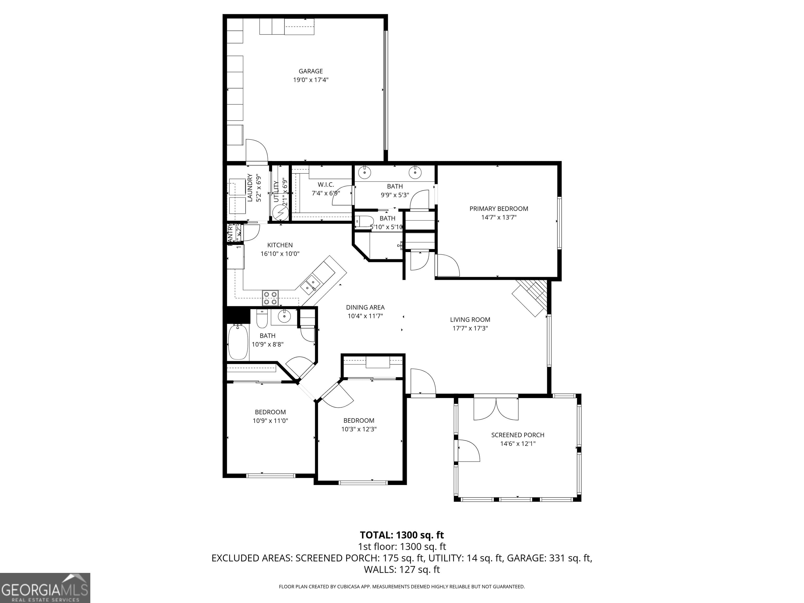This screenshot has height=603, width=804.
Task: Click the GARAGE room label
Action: point(310,71)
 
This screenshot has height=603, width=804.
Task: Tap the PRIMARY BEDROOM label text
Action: point(499,209)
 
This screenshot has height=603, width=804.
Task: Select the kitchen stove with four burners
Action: point(270,298)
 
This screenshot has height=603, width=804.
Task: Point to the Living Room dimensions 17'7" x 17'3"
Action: point(470,328)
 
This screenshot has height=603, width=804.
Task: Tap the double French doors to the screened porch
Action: point(496,409)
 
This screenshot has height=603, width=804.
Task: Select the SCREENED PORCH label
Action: point(518,435)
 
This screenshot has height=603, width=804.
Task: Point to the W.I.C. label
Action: point(326,185)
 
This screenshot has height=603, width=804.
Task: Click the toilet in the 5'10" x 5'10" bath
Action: point(365,221)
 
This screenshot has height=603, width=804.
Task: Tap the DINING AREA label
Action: point(365,308)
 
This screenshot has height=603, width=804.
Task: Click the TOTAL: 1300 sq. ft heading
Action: point(402,535)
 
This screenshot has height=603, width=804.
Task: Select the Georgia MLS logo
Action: point(45,588)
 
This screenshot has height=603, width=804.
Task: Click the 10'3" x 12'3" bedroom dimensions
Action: point(359,429)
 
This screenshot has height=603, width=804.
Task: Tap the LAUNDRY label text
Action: point(250,188)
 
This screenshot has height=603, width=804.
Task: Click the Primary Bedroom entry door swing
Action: point(448,266)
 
